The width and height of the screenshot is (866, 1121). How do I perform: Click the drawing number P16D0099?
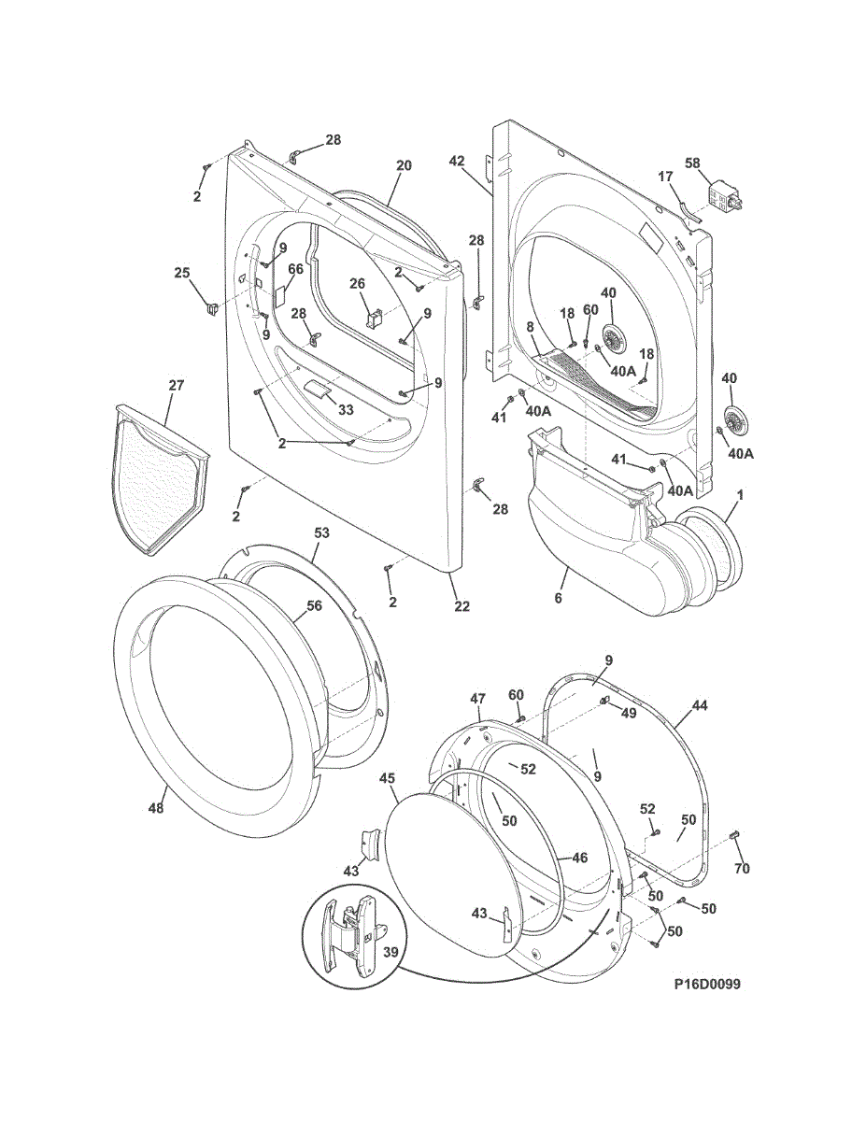click(706, 984)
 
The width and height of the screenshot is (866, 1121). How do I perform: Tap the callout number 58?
click(692, 163)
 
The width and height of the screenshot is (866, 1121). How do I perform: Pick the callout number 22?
click(461, 606)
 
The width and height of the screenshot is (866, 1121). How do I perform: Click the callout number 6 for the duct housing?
click(559, 598)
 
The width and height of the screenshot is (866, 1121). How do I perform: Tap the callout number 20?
click(404, 166)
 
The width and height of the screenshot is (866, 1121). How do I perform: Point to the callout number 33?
click(346, 409)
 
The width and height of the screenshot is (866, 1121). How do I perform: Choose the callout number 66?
click(295, 269)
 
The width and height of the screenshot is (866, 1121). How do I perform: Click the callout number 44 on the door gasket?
click(699, 706)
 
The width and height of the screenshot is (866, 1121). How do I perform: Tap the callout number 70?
click(742, 869)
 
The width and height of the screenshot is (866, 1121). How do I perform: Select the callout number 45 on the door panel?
click(387, 777)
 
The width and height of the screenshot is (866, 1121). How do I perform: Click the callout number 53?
click(321, 532)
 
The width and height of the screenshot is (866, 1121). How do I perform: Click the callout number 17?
click(665, 176)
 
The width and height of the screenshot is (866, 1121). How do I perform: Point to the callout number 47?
click(477, 699)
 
